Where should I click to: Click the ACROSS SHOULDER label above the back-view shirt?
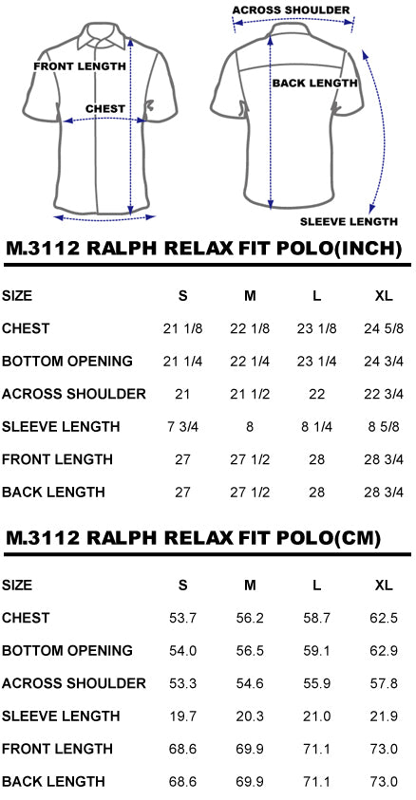291,10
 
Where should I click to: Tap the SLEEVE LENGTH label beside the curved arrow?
349,222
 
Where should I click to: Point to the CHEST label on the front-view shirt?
105,109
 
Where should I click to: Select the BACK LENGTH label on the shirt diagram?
315,84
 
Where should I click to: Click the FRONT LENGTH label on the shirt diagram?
80,66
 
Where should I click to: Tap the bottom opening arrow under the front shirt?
104,218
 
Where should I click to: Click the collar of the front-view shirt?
102,38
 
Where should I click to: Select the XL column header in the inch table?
384,296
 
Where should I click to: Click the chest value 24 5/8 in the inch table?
384,328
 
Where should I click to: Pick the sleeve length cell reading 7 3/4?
182,426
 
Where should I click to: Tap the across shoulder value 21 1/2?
250,394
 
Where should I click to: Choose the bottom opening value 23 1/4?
316,362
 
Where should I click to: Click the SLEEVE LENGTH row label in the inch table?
61,426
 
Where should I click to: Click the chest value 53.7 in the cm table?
182,619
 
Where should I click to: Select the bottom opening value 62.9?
384,651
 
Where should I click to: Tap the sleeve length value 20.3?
250,716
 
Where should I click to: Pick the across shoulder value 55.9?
316,683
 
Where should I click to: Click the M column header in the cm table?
250,586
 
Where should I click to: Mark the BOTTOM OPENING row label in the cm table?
67,651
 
